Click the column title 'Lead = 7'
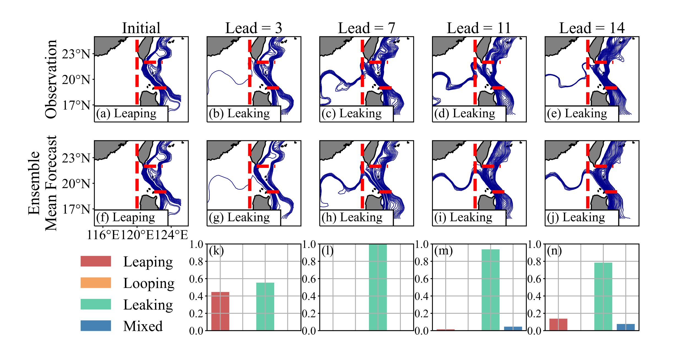(366, 28)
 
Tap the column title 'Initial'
(141, 28)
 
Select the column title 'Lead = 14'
(592, 28)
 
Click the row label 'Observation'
(51, 79)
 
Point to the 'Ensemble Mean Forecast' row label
(43, 183)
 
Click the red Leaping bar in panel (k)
(220, 311)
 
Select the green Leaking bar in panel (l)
(378, 287)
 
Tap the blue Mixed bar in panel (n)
(626, 327)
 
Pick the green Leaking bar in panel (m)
(490, 290)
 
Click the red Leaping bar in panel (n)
(558, 324)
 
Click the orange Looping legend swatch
(96, 283)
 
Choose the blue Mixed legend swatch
(96, 326)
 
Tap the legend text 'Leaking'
(148, 305)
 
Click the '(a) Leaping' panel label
(126, 114)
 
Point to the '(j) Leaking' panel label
(576, 218)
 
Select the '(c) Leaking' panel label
(352, 114)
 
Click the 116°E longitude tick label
(103, 235)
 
